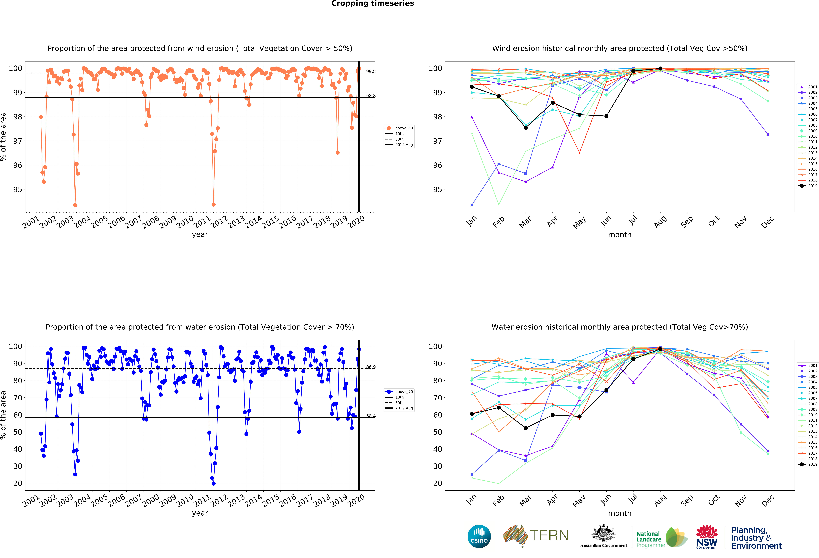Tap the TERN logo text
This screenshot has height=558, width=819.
pyautogui.click(x=549, y=535)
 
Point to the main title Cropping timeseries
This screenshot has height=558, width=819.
pyautogui.click(x=372, y=3)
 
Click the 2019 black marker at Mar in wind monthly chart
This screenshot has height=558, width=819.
pyautogui.click(x=525, y=128)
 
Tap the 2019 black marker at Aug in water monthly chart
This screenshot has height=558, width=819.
pyautogui.click(x=660, y=349)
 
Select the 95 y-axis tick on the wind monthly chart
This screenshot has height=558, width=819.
pyautogui.click(x=437, y=190)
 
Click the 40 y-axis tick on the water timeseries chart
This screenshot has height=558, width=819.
pyautogui.click(x=18, y=449)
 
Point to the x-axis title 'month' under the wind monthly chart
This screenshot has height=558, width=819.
pyautogui.click(x=620, y=235)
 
